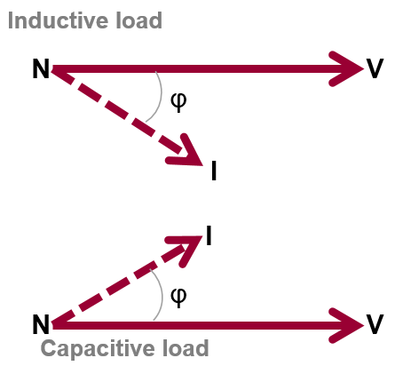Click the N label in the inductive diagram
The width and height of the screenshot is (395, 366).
pyautogui.click(x=40, y=69)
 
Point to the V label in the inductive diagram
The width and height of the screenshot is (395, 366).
pyautogui.click(x=375, y=68)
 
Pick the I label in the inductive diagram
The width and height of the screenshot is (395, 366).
pyautogui.click(x=214, y=171)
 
